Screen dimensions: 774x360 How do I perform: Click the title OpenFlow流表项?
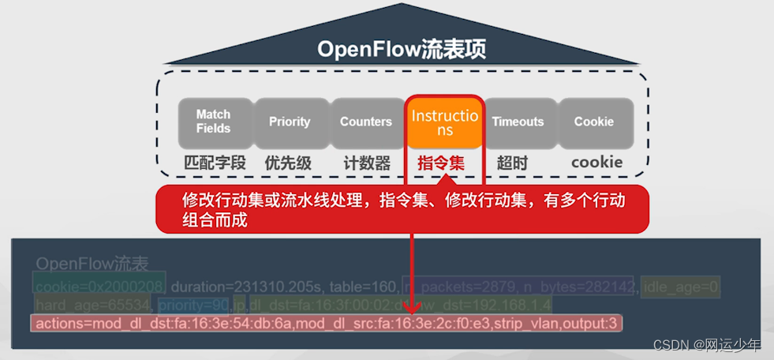tap(402, 49)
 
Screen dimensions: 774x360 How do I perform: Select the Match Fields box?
tap(213, 122)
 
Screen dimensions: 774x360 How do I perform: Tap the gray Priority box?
tap(290, 122)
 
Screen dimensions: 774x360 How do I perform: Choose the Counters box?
tap(366, 122)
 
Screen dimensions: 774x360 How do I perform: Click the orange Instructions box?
tap(444, 122)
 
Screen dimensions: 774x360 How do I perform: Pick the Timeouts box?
tap(518, 122)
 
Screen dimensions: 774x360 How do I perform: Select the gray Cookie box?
tap(594, 122)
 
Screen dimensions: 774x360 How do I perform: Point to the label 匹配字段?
tap(215, 163)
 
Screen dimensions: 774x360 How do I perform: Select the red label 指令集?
tap(441, 163)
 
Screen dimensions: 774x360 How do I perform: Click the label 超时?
tap(512, 163)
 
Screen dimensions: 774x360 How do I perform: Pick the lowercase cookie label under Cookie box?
tap(596, 163)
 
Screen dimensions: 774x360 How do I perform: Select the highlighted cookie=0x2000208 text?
tap(99, 285)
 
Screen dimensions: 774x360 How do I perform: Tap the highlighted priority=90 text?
tap(193, 304)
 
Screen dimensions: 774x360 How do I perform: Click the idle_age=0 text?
tap(679, 285)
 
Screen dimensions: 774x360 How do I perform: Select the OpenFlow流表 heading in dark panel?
tap(92, 264)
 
